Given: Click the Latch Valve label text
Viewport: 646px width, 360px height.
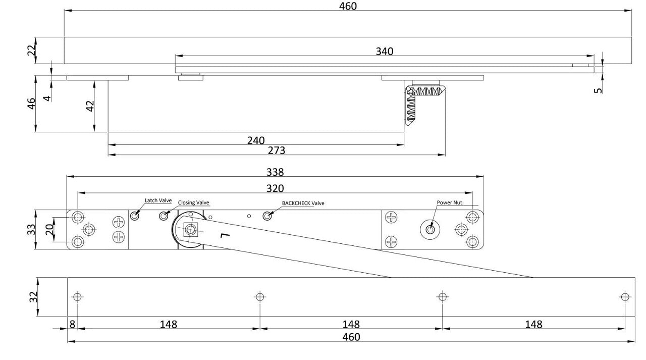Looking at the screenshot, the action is click(158, 200).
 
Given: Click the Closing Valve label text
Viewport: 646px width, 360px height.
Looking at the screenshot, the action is click(193, 202).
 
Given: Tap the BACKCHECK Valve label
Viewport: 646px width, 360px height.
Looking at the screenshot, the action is click(303, 203).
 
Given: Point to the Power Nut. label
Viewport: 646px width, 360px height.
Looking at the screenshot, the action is click(450, 202).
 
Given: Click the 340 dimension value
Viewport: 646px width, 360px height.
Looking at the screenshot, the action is click(385, 52).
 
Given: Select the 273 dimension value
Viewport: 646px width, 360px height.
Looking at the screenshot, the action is click(277, 150).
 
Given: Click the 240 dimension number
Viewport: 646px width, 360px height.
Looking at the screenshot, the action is click(256, 140).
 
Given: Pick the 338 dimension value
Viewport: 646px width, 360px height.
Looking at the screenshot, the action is click(275, 172).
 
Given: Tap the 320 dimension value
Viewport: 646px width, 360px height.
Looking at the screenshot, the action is click(275, 188).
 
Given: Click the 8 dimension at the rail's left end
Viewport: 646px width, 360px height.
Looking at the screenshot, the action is click(72, 324).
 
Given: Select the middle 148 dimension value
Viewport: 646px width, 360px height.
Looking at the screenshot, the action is click(351, 324).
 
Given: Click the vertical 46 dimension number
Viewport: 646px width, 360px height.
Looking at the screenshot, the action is click(31, 104).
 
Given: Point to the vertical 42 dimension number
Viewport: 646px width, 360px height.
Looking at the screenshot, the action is click(90, 106).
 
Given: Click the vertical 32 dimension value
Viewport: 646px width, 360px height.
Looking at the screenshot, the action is click(33, 297).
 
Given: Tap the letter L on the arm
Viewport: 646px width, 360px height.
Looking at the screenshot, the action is click(226, 235).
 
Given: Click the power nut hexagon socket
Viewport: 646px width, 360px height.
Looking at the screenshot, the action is click(430, 230).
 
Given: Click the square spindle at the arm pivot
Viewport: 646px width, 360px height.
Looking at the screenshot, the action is click(190, 230).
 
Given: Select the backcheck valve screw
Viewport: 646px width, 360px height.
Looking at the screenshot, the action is click(267, 216).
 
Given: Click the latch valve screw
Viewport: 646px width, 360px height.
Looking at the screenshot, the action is click(135, 216).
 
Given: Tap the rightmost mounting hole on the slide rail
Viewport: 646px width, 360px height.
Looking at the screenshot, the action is click(625, 297).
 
